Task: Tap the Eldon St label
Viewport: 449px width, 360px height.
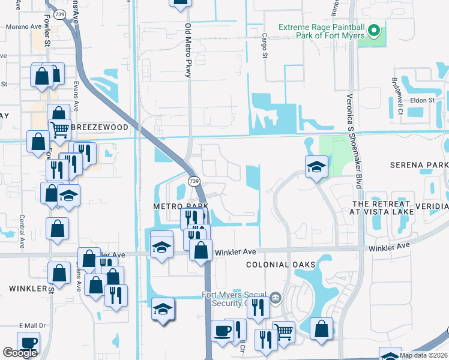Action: [x=422, y=100]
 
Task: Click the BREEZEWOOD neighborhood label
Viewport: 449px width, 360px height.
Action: [x=100, y=128]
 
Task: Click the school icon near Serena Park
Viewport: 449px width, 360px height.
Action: [x=316, y=166]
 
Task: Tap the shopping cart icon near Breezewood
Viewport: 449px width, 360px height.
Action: [x=59, y=128]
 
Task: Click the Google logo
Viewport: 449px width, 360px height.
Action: [x=20, y=352]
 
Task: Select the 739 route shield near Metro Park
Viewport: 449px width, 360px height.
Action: [x=193, y=181]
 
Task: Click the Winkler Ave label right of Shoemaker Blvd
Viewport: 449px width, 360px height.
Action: [x=389, y=246]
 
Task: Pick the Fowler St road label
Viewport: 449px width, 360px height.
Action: [x=47, y=23]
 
